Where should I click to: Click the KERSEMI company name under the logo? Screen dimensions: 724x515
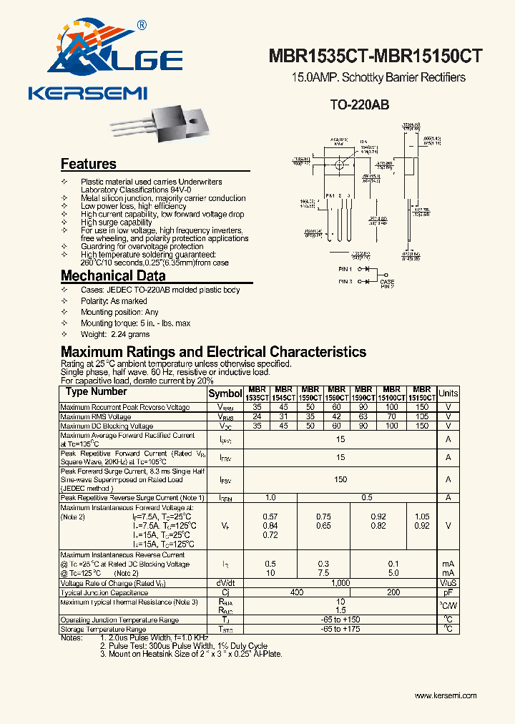88,93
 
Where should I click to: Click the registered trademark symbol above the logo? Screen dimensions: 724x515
141,25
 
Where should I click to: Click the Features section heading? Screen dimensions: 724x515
89,164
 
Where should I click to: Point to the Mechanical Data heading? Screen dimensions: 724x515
113,275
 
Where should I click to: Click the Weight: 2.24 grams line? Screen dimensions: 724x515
115,334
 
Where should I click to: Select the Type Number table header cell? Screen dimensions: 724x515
97,392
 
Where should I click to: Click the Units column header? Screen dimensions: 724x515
448,393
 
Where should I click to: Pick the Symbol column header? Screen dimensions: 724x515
225,393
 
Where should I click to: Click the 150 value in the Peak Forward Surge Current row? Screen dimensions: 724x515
340,479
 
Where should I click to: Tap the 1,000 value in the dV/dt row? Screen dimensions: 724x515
340,583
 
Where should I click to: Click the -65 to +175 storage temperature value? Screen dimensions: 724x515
340,629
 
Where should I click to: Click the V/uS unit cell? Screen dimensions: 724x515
448,583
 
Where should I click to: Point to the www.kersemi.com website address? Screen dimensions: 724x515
446,695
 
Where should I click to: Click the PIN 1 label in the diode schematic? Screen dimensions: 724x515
345,269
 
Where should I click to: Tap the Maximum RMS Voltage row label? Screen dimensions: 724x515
96,416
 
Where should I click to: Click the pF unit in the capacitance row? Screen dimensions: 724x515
448,592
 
